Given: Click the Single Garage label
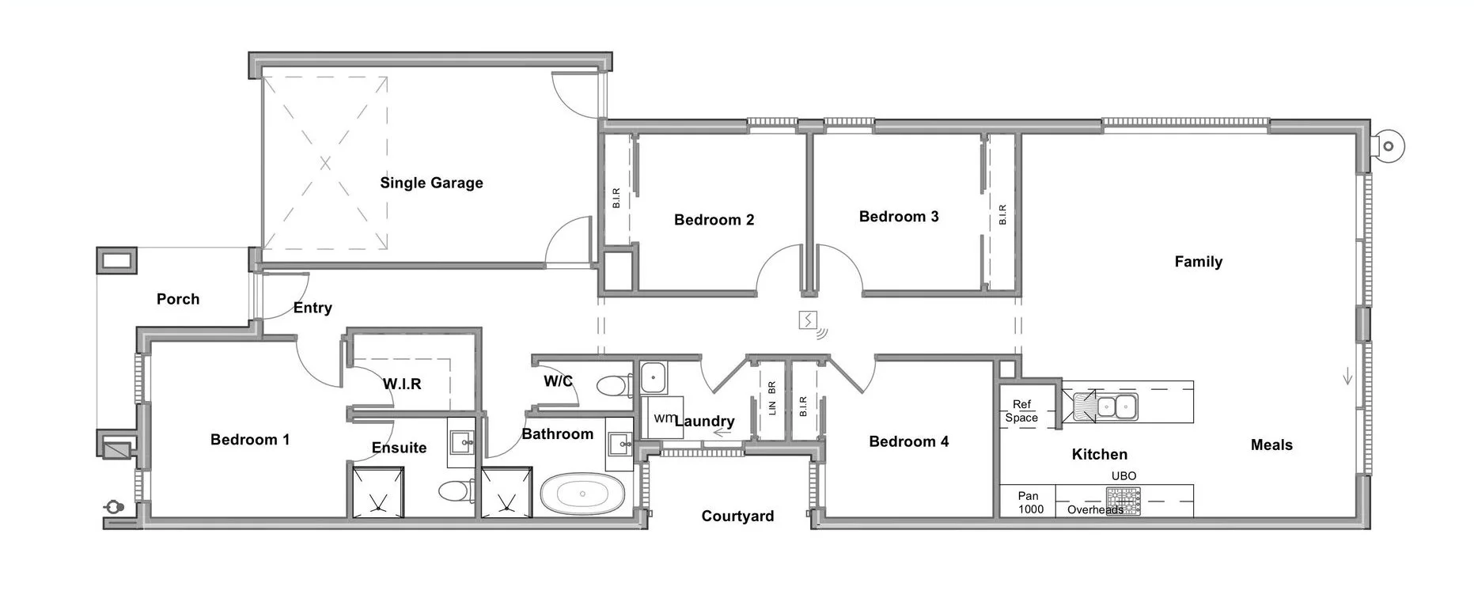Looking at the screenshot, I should coord(431,183).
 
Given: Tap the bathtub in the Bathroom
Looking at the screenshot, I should coord(582,494).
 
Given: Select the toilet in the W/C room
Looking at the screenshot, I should coord(611,386).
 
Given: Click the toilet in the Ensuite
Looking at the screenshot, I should coord(453,491).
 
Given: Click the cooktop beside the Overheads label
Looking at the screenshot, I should coord(1123,501).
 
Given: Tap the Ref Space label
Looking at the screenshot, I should coord(1021,411).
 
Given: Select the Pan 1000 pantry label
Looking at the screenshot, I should coord(1029,502).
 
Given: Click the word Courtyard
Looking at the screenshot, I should coord(737,517).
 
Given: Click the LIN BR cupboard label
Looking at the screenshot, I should coord(772,398).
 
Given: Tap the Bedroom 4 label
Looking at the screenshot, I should coord(908,442).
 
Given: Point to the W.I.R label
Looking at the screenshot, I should coord(402,384).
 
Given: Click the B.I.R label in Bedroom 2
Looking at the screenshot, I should coord(616,198).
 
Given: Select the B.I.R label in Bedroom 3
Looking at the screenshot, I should coord(1002,214).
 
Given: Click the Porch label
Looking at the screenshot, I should coord(178,299).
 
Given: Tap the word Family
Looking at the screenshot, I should coord(1198,262).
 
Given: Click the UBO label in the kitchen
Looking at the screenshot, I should coord(1123,476).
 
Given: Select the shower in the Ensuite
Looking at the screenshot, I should coord(377,492).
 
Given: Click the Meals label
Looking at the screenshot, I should coord(1271,445).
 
